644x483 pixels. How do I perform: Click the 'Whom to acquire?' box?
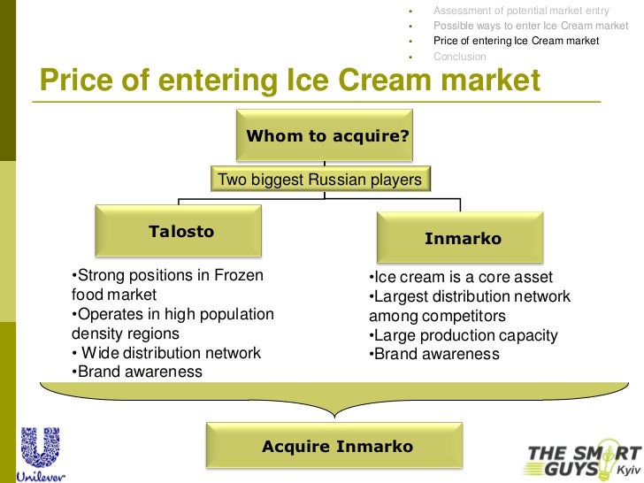[x=326, y=135]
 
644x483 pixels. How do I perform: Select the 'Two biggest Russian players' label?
[x=320, y=180]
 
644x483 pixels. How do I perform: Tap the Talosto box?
[x=180, y=232]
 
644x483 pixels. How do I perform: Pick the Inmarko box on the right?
[x=462, y=238]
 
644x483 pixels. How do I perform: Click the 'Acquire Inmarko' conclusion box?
[x=337, y=446]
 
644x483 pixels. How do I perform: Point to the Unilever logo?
[x=40, y=455]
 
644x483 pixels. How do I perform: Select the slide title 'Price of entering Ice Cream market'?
[x=289, y=81]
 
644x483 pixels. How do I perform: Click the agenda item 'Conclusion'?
[x=459, y=57]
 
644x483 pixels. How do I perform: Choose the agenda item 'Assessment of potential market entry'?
[x=521, y=10]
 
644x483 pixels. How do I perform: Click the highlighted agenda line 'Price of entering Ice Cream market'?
[x=516, y=41]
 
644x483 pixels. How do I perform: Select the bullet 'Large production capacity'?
[x=463, y=335]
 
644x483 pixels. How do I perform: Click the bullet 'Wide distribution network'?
[x=168, y=353]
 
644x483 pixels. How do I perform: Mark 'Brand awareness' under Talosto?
[x=137, y=372]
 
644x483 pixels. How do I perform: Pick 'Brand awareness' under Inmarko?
[x=433, y=355]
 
